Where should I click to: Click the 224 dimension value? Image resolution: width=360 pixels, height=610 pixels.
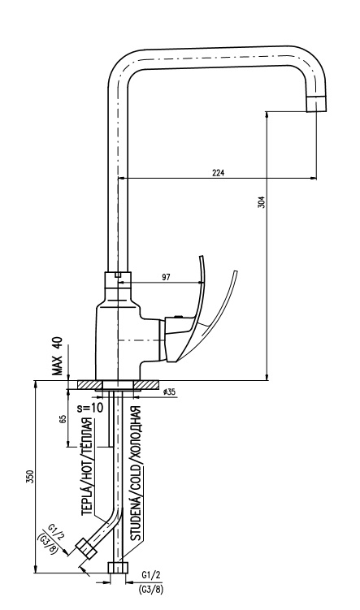pos(219,173)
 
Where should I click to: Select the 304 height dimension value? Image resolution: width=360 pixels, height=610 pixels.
pos(262,201)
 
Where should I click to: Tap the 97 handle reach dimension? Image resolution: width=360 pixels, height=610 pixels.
pos(166,277)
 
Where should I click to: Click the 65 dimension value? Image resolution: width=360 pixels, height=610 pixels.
pos(63,419)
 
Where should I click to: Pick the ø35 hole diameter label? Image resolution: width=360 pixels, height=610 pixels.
pos(170,392)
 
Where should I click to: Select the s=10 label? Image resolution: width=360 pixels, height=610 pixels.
pos(90,408)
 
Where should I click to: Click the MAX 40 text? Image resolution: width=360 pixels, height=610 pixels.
pos(58,356)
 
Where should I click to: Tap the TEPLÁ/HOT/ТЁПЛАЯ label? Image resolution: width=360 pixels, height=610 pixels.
pos(88,467)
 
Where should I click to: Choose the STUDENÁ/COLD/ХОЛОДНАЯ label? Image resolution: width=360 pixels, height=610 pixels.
pos(136,474)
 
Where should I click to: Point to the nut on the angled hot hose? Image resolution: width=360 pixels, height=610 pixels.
pos(85,549)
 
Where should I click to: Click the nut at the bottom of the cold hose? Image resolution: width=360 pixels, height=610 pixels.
pos(118,567)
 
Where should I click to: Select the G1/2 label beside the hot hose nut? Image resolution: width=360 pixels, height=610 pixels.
pos(56,533)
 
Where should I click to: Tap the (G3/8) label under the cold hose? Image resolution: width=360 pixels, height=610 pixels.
pos(150,590)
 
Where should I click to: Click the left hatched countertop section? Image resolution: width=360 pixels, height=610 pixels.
pos(89,385)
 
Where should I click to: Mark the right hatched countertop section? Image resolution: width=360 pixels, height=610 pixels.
pos(146,385)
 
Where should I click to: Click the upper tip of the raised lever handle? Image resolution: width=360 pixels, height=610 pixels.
pos(201,257)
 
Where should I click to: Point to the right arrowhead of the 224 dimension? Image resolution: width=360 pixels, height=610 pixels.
pos(314,179)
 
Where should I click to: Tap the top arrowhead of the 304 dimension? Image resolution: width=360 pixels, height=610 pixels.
pos(267,115)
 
